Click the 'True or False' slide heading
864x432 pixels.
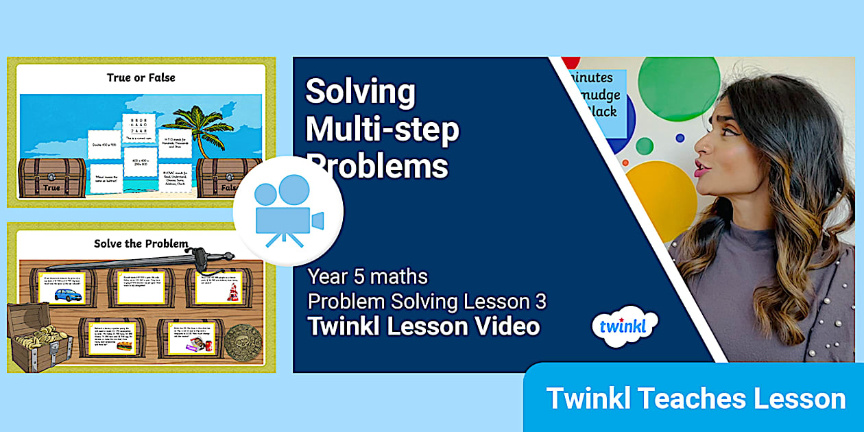(x=141, y=77)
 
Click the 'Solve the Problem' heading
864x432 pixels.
(x=141, y=243)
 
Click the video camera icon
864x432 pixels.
(x=288, y=210)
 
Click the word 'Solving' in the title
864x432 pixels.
(x=361, y=92)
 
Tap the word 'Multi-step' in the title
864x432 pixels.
(x=382, y=129)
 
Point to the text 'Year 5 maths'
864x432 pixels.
(x=368, y=276)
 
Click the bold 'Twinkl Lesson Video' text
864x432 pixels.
(x=424, y=326)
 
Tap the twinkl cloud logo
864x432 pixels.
(x=624, y=326)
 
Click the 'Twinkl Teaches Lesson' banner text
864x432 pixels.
(x=695, y=398)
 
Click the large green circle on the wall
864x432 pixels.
(x=678, y=90)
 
